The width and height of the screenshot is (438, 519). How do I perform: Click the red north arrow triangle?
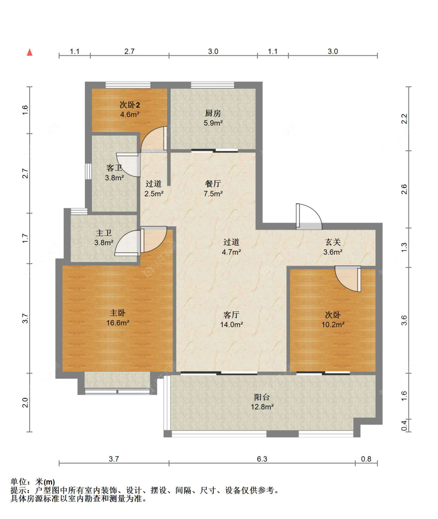click(x=30, y=52)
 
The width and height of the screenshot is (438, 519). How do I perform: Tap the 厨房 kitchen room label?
click(x=213, y=113)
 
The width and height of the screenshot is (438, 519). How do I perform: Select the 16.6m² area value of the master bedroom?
click(x=118, y=323)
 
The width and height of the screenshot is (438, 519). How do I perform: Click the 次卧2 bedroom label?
click(x=130, y=105)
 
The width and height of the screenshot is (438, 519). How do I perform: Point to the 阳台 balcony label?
click(x=262, y=397)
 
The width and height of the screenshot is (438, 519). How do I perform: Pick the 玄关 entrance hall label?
click(x=333, y=242)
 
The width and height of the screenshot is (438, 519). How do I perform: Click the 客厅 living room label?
click(x=231, y=315)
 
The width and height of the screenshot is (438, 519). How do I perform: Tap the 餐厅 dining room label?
click(x=213, y=184)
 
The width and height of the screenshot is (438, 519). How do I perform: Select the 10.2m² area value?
click(x=333, y=325)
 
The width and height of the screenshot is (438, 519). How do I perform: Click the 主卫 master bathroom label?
click(x=104, y=233)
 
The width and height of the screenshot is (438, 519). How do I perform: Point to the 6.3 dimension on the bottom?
click(x=262, y=459)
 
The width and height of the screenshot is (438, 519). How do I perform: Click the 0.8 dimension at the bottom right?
click(x=366, y=459)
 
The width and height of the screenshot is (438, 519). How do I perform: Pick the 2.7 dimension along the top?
click(x=129, y=51)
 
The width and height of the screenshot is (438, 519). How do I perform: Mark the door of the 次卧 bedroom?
click(x=348, y=279)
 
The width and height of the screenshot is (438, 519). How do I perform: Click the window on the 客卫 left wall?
click(x=88, y=171)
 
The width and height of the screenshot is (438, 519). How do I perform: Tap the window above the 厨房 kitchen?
click(x=213, y=85)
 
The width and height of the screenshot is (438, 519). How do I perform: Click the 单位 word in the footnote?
click(x=19, y=482)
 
